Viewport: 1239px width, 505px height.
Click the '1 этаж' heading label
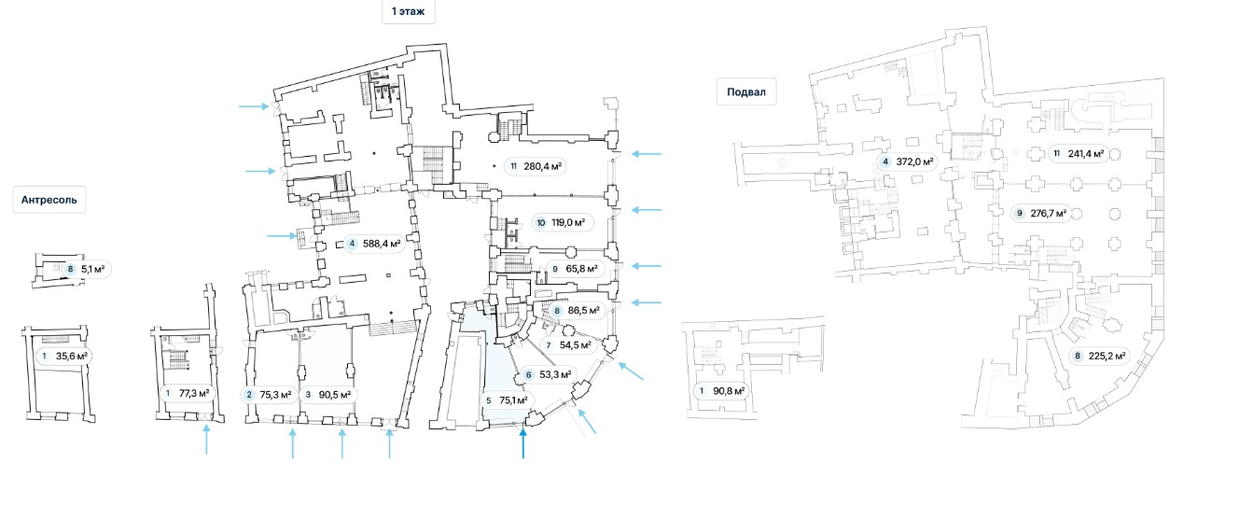[x=408, y=11]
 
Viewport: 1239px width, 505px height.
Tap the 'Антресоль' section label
[x=49, y=200]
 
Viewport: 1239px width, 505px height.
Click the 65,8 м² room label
[x=573, y=270]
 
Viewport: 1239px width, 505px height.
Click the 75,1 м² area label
[x=507, y=400]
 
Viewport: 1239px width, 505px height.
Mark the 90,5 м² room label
[x=327, y=394]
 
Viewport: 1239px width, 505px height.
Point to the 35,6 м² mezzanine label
[x=63, y=356]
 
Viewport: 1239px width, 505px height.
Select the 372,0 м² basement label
[x=907, y=162]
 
